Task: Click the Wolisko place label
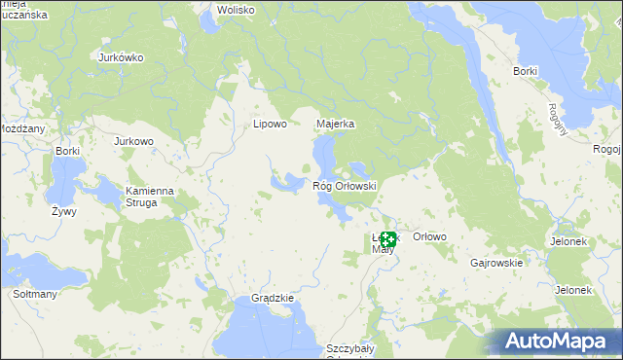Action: [236, 10]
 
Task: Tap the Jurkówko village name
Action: [122, 57]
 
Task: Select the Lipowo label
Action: [270, 124]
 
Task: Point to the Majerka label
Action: [336, 124]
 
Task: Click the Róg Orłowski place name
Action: [344, 185]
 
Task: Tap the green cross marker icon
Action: [387, 238]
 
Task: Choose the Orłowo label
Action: [429, 236]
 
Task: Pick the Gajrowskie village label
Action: [496, 263]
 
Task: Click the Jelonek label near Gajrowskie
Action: [573, 290]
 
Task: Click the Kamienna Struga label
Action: [149, 197]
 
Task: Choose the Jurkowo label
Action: [134, 141]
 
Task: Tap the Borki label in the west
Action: [67, 151]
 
